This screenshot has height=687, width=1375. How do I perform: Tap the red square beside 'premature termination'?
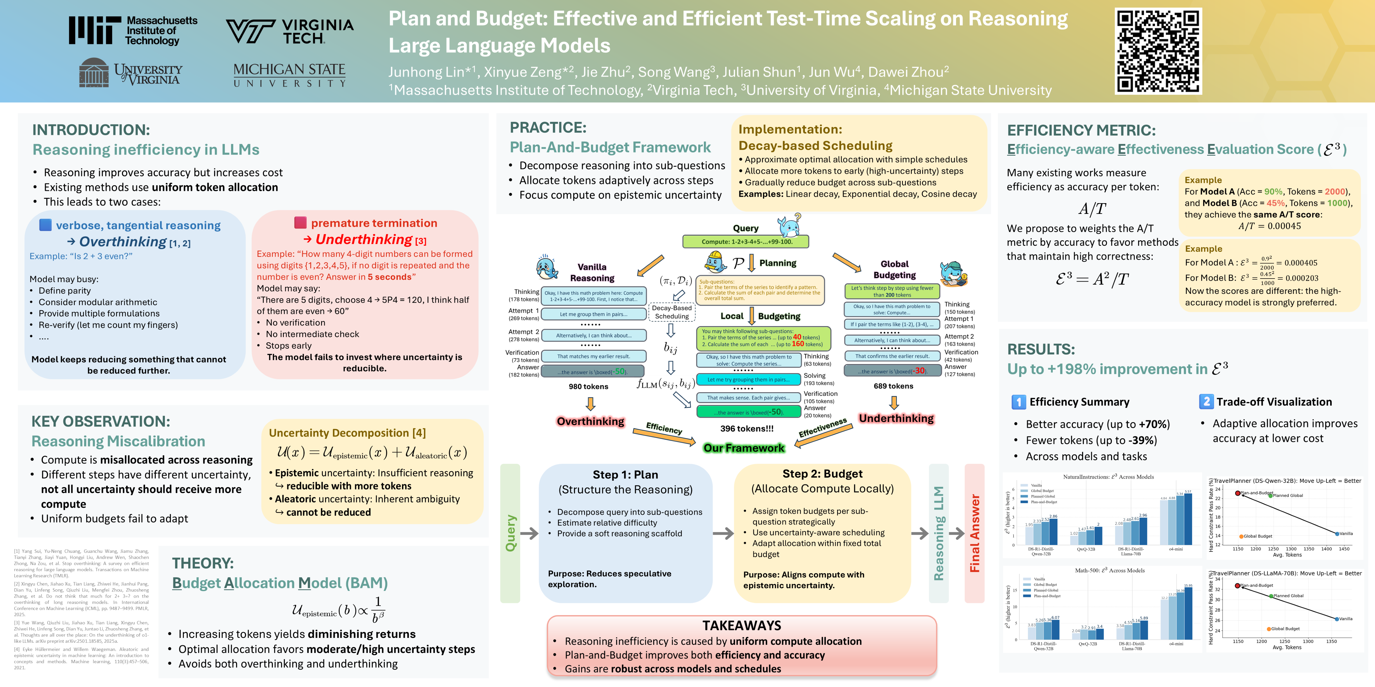[x=301, y=222]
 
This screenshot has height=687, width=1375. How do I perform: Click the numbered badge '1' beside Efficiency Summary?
[x=1018, y=402]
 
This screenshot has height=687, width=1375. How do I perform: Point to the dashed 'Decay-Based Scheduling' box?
[x=671, y=312]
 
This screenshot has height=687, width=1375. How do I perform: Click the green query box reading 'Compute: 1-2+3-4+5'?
[x=745, y=242]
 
